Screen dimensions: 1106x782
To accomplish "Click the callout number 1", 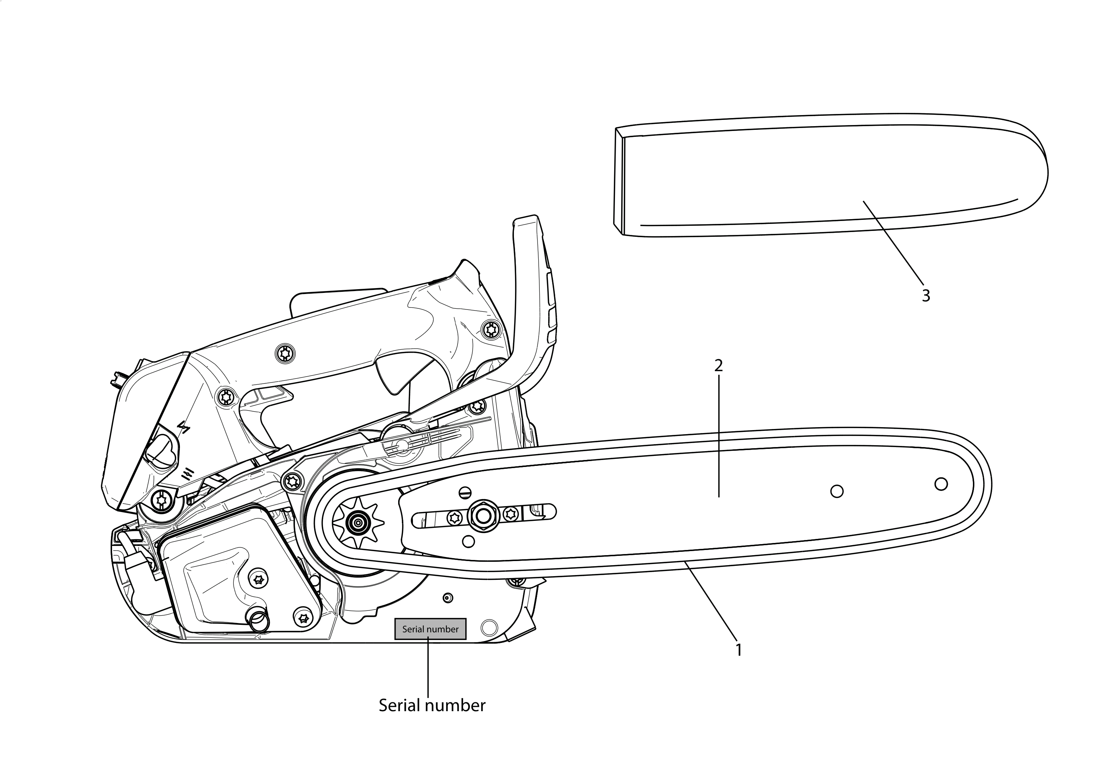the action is pos(738,650).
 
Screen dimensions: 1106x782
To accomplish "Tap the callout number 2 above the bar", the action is pos(718,366).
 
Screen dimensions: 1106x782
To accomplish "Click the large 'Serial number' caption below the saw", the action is pos(432,705).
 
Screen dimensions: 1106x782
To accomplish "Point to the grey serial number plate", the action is pos(430,629).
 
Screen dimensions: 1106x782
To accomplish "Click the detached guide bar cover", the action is pos(831,175).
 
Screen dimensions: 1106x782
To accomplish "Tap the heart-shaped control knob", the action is pos(161,450).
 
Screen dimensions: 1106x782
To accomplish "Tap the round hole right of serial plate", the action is pos(488,627).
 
